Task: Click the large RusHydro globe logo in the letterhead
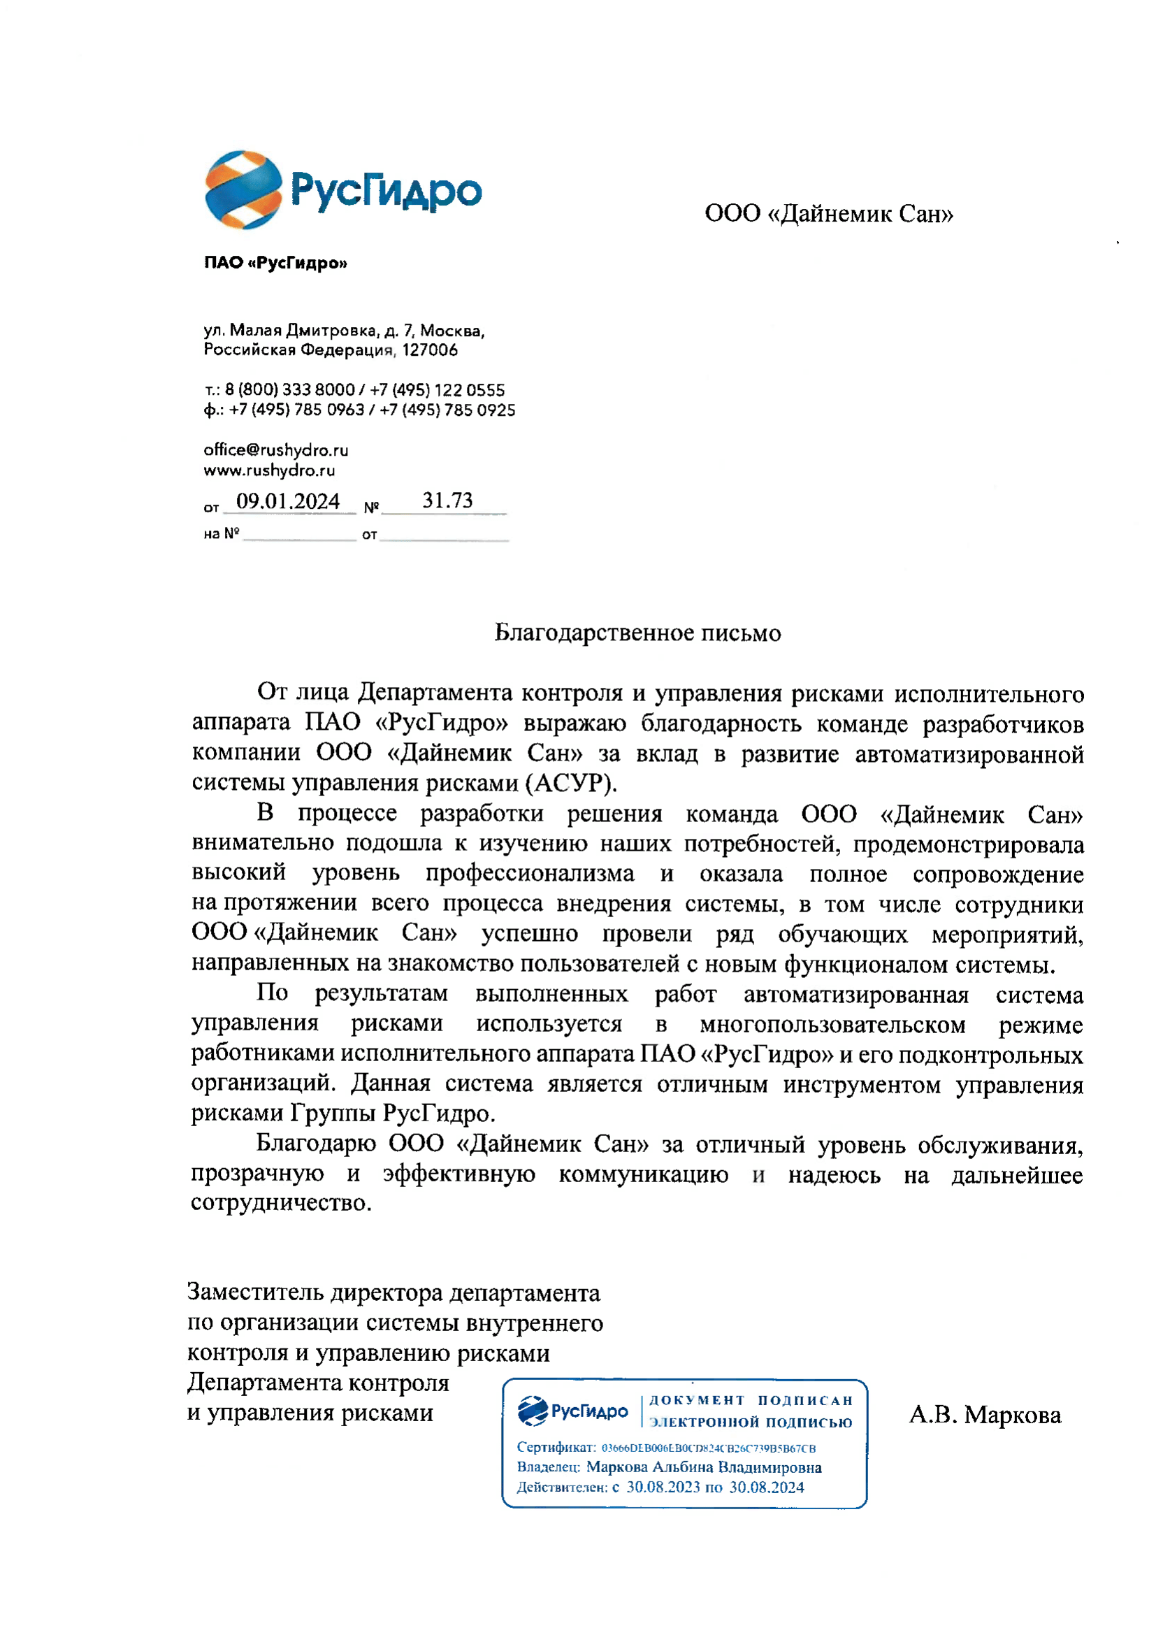click(243, 189)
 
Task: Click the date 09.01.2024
click(287, 500)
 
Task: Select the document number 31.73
click(447, 500)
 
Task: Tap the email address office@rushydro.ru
click(275, 449)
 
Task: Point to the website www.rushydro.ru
click(269, 470)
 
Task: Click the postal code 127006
click(429, 350)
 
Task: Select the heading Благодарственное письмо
click(637, 633)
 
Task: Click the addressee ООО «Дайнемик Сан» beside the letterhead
click(829, 213)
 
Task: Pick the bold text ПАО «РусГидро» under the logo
click(275, 263)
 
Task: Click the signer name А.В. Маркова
click(985, 1414)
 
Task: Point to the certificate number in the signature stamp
click(708, 1448)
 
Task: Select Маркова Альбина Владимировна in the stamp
click(703, 1467)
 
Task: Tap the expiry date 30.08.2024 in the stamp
click(766, 1487)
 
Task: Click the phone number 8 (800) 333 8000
click(290, 389)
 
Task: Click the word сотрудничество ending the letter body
click(280, 1203)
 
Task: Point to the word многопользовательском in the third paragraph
click(832, 1025)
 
